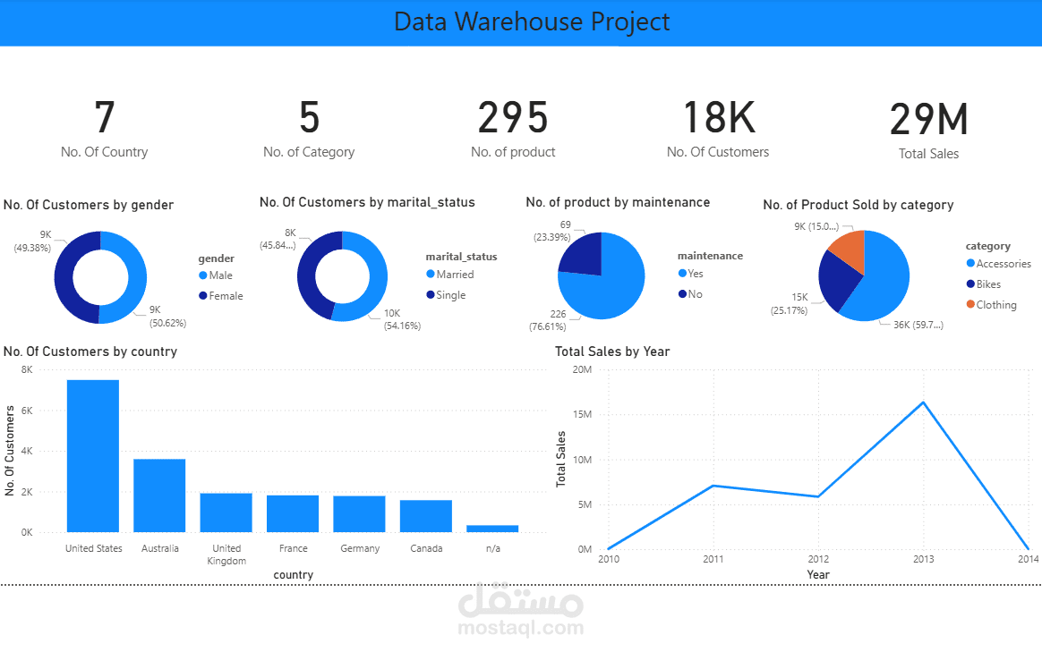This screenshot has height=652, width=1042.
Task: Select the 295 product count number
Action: [513, 118]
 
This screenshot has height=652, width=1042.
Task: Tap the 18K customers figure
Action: [718, 118]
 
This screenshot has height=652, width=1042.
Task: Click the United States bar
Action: [93, 456]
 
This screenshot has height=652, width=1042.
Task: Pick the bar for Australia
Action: [159, 495]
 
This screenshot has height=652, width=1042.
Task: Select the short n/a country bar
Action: [492, 529]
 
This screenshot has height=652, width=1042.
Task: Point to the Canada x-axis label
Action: [426, 548]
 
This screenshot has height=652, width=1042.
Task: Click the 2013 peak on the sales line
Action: [923, 402]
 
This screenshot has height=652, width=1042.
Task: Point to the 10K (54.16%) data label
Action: [402, 319]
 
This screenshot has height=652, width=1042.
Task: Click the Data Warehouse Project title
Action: [532, 22]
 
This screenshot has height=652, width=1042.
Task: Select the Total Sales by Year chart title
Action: [612, 351]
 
